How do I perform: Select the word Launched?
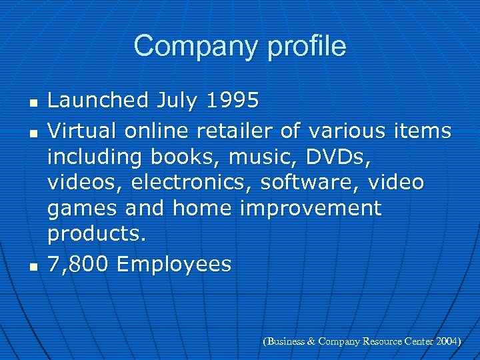(x=98, y=101)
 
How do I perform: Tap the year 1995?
(x=232, y=101)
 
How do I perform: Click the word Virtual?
(x=82, y=131)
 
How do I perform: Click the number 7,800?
(x=77, y=265)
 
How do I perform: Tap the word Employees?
(x=174, y=265)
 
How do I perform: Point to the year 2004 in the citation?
(x=447, y=341)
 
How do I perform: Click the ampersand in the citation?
(x=311, y=341)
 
